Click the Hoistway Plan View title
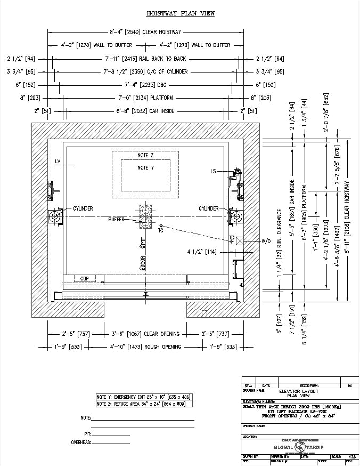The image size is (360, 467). pyautogui.click(x=181, y=13)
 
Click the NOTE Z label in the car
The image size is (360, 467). pyautogui.click(x=145, y=155)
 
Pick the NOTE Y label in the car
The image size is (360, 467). pyautogui.click(x=145, y=168)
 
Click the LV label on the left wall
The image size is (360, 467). pyautogui.click(x=58, y=160)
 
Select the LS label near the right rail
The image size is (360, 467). pyautogui.click(x=213, y=171)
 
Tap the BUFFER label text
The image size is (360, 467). pyautogui.click(x=116, y=220)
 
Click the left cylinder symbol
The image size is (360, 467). pyautogui.click(x=55, y=216)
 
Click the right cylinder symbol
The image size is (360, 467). pyautogui.click(x=236, y=216)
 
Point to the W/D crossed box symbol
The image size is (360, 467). pyautogui.click(x=240, y=241)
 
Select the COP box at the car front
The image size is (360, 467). pyautogui.click(x=84, y=278)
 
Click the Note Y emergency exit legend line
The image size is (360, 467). pyautogui.click(x=143, y=397)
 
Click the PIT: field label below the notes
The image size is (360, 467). pyautogui.click(x=88, y=434)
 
